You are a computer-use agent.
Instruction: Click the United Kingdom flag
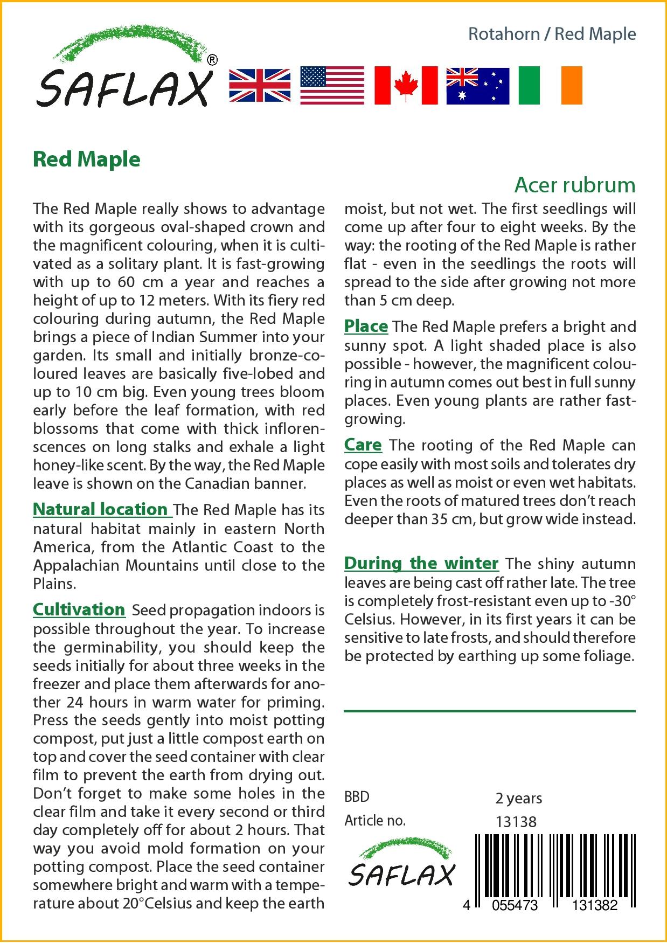coord(260,86)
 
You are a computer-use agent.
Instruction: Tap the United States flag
coord(332,86)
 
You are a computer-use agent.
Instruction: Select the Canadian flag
coord(406,86)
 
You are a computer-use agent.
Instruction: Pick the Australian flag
coord(477,86)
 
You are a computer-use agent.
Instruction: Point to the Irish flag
coord(550,86)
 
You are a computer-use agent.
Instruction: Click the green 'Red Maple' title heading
coord(87,160)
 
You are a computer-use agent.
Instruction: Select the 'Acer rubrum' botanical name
coord(575,185)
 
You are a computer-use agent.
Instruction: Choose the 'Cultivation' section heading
coord(79,609)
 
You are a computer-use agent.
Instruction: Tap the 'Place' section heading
coord(366,326)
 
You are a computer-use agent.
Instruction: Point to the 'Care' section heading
coord(363,445)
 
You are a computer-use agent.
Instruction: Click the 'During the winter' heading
coord(421,563)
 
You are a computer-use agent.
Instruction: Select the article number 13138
coord(516,822)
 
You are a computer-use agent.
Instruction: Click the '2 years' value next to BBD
coord(519,798)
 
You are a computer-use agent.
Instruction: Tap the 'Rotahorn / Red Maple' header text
coord(552,34)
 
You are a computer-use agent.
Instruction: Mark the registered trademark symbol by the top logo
coord(212,60)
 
